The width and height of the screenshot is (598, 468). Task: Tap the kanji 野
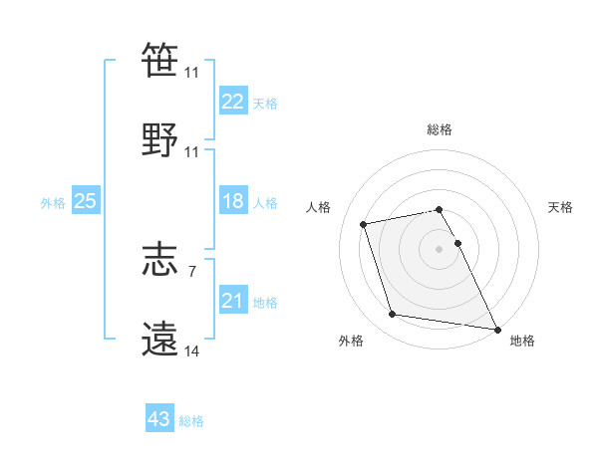159,140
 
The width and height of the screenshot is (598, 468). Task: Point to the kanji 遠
159,340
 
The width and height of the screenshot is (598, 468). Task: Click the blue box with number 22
233,102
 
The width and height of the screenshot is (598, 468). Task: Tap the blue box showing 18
233,201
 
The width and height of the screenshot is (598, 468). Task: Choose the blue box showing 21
233,300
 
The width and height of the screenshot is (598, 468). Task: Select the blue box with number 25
86,201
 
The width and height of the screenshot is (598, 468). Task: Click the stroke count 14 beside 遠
191,351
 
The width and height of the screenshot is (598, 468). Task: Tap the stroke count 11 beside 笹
191,73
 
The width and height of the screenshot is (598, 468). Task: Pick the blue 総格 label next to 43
191,421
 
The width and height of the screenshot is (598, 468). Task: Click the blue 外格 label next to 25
53,202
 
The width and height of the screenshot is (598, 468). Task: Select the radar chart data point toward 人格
364,223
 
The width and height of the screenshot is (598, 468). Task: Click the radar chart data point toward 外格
393,315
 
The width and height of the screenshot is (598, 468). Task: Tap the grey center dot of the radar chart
439,248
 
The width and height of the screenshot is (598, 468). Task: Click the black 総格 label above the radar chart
440,129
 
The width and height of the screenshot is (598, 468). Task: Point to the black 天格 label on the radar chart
560,207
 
